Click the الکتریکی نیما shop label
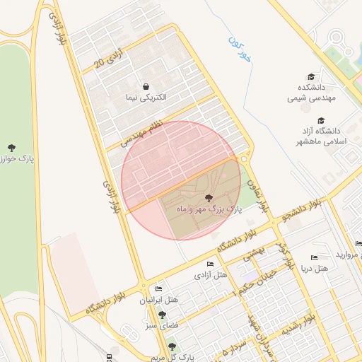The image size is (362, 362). pyautogui.click(x=145, y=97)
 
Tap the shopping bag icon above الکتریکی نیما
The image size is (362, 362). pyautogui.click(x=146, y=86)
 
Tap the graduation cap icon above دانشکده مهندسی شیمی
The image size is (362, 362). pyautogui.click(x=311, y=77)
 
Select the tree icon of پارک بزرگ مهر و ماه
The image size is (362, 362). pyautogui.click(x=209, y=198)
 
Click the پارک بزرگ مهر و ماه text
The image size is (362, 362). pyautogui.click(x=209, y=210)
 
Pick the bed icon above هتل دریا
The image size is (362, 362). pyautogui.click(x=314, y=258)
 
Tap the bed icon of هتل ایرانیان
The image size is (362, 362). pyautogui.click(x=158, y=289)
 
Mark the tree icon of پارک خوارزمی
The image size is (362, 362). pyautogui.click(x=11, y=148)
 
